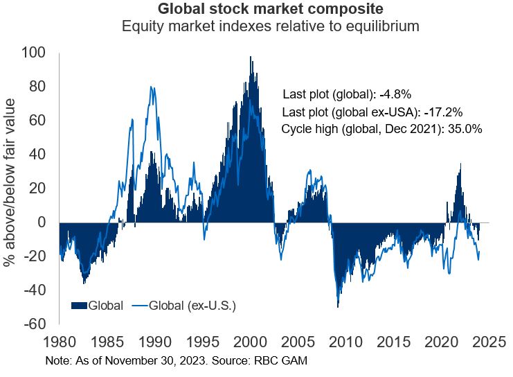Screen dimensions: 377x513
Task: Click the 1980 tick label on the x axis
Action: coord(59,342)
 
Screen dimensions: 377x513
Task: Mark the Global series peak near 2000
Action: coord(251,57)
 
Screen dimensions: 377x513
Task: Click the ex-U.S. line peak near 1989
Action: coord(152,87)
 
